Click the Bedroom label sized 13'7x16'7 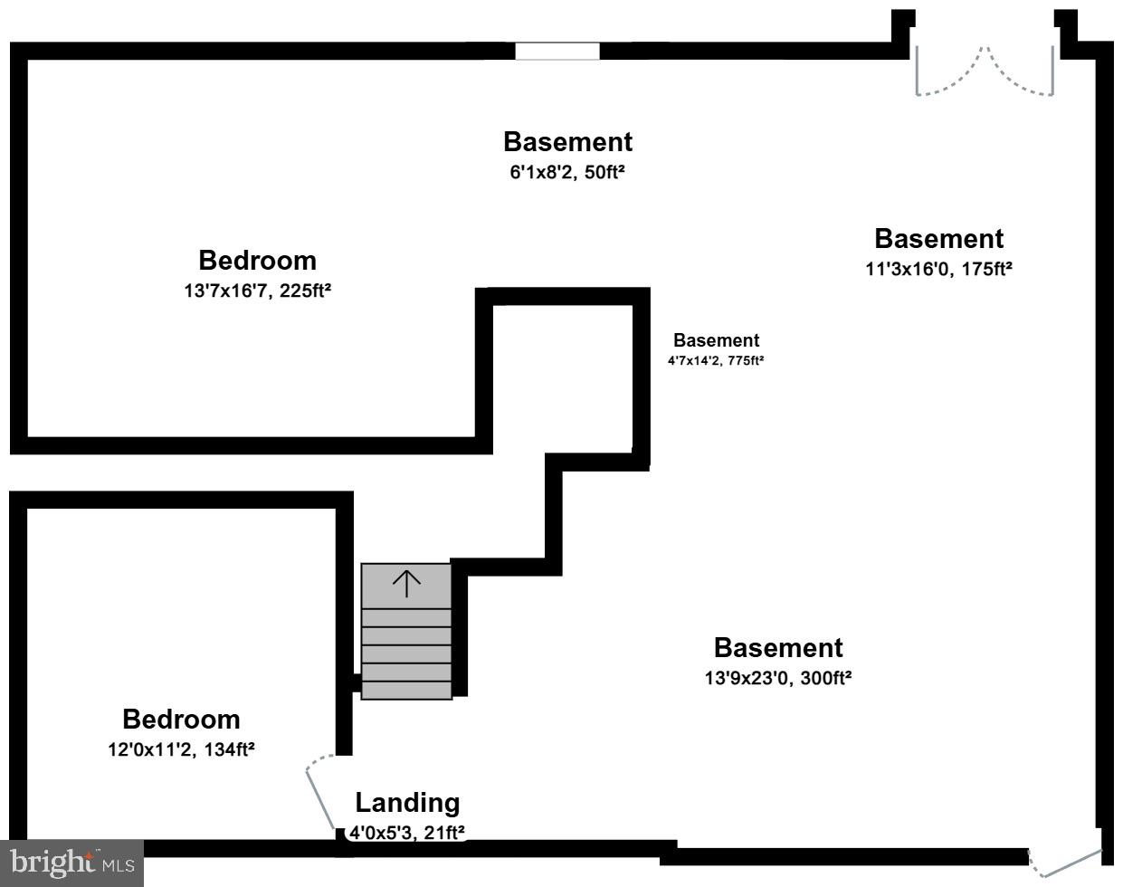257,261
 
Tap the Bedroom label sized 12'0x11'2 181,720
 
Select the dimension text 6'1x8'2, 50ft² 567,172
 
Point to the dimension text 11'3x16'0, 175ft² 938,269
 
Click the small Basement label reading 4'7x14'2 716,341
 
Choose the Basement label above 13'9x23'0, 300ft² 777,648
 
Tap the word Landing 407,803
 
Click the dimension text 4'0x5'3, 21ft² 407,832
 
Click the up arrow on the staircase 406,584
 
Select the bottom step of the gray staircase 406,690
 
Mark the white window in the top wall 557,52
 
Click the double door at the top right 985,72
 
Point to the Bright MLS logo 71,863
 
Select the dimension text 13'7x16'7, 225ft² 257,291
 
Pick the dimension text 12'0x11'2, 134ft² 181,749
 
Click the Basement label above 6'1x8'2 567,142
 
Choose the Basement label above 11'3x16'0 938,239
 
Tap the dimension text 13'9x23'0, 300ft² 777,678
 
